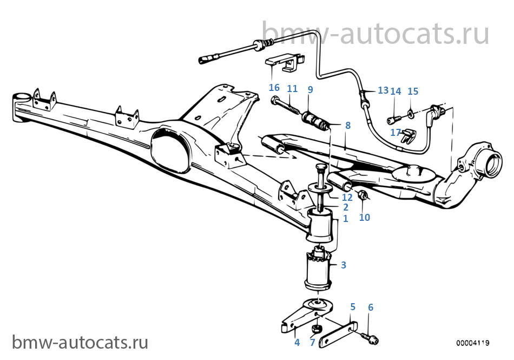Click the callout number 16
[x=274, y=88]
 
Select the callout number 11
[x=292, y=89]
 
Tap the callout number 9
[x=310, y=89]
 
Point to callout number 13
[x=383, y=90]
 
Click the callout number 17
[x=396, y=132]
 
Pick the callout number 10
[x=365, y=217]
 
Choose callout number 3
[x=343, y=265]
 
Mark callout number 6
[x=371, y=307]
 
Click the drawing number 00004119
[x=473, y=343]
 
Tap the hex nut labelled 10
[x=363, y=195]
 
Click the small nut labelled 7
[x=316, y=328]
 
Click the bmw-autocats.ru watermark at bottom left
[x=80, y=342]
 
